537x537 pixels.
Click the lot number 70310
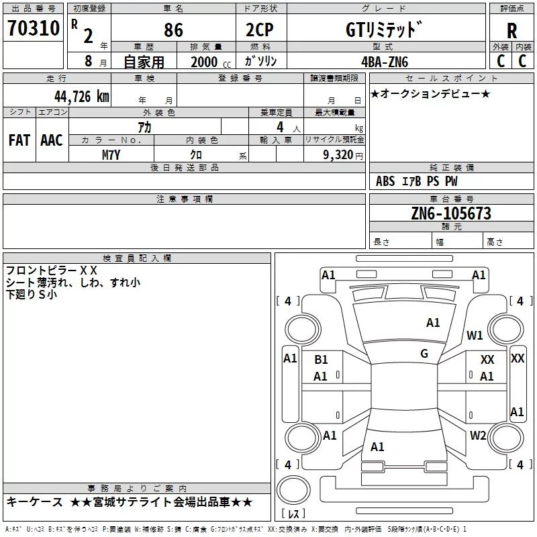coord(34,28)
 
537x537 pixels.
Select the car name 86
coord(173,30)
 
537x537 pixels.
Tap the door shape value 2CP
coord(260,30)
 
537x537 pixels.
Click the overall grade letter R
coord(511,31)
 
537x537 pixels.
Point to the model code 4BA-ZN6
coord(385,62)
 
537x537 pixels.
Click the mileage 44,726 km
coord(82,97)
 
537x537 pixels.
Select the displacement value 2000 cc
coord(211,62)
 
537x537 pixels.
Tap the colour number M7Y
coord(111,155)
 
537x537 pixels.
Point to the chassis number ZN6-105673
coord(451,213)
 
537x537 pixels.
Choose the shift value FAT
coord(19,140)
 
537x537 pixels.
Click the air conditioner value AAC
coord(52,140)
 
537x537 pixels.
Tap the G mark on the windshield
coord(424,354)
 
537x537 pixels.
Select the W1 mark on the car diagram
coord(475,335)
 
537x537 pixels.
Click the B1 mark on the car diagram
coord(321,360)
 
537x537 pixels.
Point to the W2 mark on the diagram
coord(478,435)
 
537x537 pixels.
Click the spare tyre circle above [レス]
coord(293,489)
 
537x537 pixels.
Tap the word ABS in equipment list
coord(385,181)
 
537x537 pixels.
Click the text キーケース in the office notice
coord(35,502)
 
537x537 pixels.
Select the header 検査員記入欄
coord(137,258)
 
